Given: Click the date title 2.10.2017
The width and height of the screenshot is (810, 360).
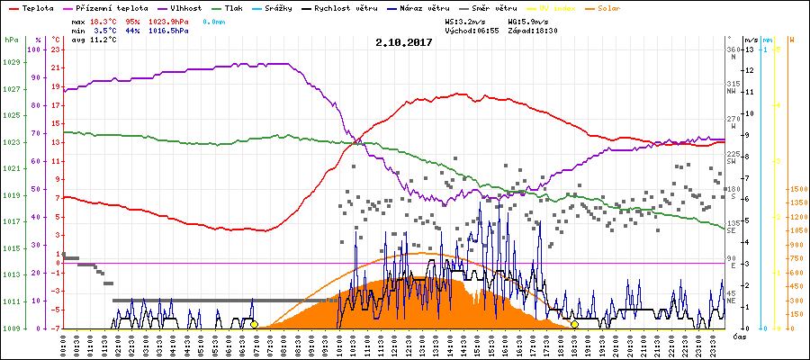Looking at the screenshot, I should [404, 41].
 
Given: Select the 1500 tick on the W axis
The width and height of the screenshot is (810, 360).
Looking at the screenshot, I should [796, 190].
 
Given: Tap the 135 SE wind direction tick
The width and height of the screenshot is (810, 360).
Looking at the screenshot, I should [733, 225].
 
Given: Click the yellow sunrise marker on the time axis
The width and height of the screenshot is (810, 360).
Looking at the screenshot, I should [255, 325].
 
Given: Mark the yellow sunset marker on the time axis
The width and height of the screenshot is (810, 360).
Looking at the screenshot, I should [574, 325].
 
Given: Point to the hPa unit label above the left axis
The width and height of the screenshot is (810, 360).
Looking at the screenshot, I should [10, 40].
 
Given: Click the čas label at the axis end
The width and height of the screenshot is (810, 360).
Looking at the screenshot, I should [737, 335].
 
